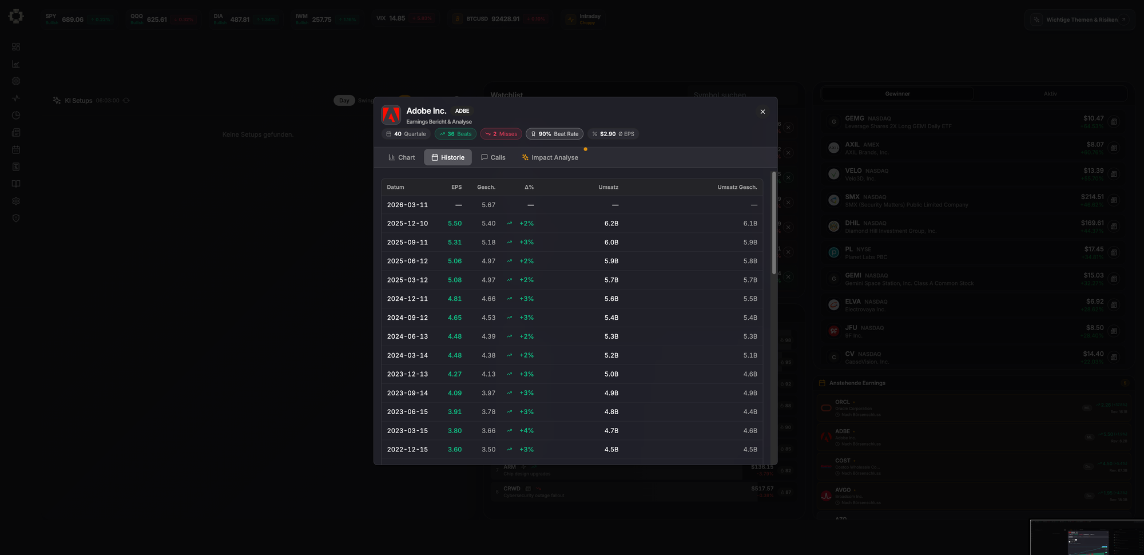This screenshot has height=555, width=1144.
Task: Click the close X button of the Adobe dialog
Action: (x=762, y=112)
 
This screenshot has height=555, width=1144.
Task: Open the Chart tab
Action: (x=402, y=157)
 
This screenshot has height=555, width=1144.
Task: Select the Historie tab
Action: (x=448, y=157)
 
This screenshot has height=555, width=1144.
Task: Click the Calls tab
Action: (x=493, y=157)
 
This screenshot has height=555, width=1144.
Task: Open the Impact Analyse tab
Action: (x=550, y=157)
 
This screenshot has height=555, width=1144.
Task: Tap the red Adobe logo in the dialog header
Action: (x=391, y=115)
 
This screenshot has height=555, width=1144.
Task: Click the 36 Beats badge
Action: (x=455, y=134)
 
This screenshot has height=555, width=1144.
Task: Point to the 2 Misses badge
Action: (x=501, y=134)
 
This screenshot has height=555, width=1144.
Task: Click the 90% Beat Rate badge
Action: (x=554, y=134)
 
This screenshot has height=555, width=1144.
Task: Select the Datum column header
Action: (x=395, y=187)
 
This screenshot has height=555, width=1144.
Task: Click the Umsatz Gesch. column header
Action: (x=737, y=187)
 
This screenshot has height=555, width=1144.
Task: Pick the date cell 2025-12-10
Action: (x=407, y=224)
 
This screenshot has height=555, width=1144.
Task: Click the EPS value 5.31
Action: (x=455, y=243)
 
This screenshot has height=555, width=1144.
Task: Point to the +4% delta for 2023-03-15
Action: (x=526, y=431)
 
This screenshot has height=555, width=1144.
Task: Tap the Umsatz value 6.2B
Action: (x=611, y=224)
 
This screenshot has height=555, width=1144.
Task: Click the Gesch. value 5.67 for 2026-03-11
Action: (x=488, y=205)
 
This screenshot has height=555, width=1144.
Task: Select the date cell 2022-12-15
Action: (x=407, y=450)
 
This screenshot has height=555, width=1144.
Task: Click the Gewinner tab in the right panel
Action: (x=897, y=94)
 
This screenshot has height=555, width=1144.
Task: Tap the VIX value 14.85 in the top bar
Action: (x=397, y=18)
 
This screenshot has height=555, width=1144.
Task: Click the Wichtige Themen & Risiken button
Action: (x=1081, y=20)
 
